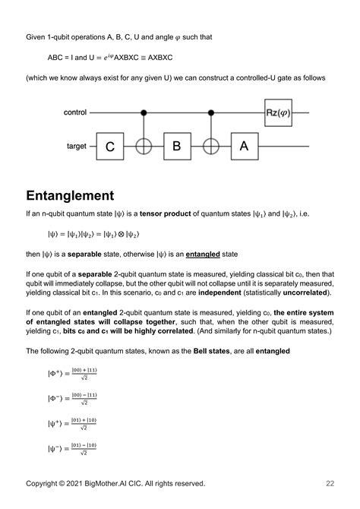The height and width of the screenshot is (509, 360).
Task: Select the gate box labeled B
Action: (x=177, y=146)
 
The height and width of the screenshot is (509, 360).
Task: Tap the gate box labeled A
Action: (x=244, y=146)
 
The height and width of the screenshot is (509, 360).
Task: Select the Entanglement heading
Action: (x=82, y=196)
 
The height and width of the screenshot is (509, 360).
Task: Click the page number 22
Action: (x=330, y=483)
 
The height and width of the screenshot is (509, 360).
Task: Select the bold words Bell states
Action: (x=208, y=351)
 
